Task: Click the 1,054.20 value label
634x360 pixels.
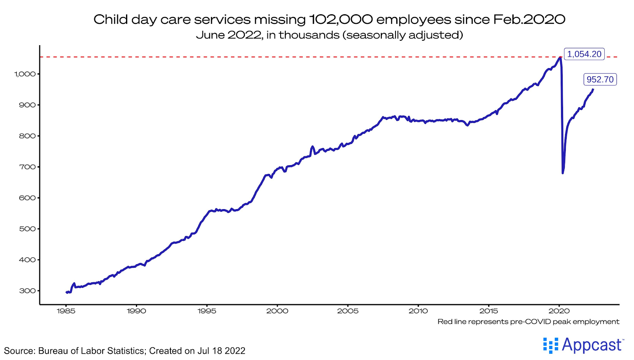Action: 584,54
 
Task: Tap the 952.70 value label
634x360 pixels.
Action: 600,80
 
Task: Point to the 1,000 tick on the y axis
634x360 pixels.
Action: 25,74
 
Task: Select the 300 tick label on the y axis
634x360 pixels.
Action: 27,291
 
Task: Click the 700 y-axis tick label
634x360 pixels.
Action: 27,167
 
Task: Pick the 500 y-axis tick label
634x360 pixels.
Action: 27,229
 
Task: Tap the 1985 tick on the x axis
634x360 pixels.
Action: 66,311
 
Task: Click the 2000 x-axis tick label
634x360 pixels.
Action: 277,311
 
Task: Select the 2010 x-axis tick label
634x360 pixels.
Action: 418,311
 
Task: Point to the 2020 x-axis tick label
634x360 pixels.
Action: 559,311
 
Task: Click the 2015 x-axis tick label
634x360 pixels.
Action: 489,311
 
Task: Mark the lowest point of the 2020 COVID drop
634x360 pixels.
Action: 563,173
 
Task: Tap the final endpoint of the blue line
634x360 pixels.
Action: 593,90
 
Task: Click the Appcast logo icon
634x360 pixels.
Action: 550,345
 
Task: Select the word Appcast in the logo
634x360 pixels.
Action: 592,345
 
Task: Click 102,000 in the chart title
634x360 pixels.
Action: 340,19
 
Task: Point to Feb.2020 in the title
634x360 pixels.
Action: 529,19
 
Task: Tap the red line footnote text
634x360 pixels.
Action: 528,322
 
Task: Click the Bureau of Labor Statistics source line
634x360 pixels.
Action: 124,351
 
